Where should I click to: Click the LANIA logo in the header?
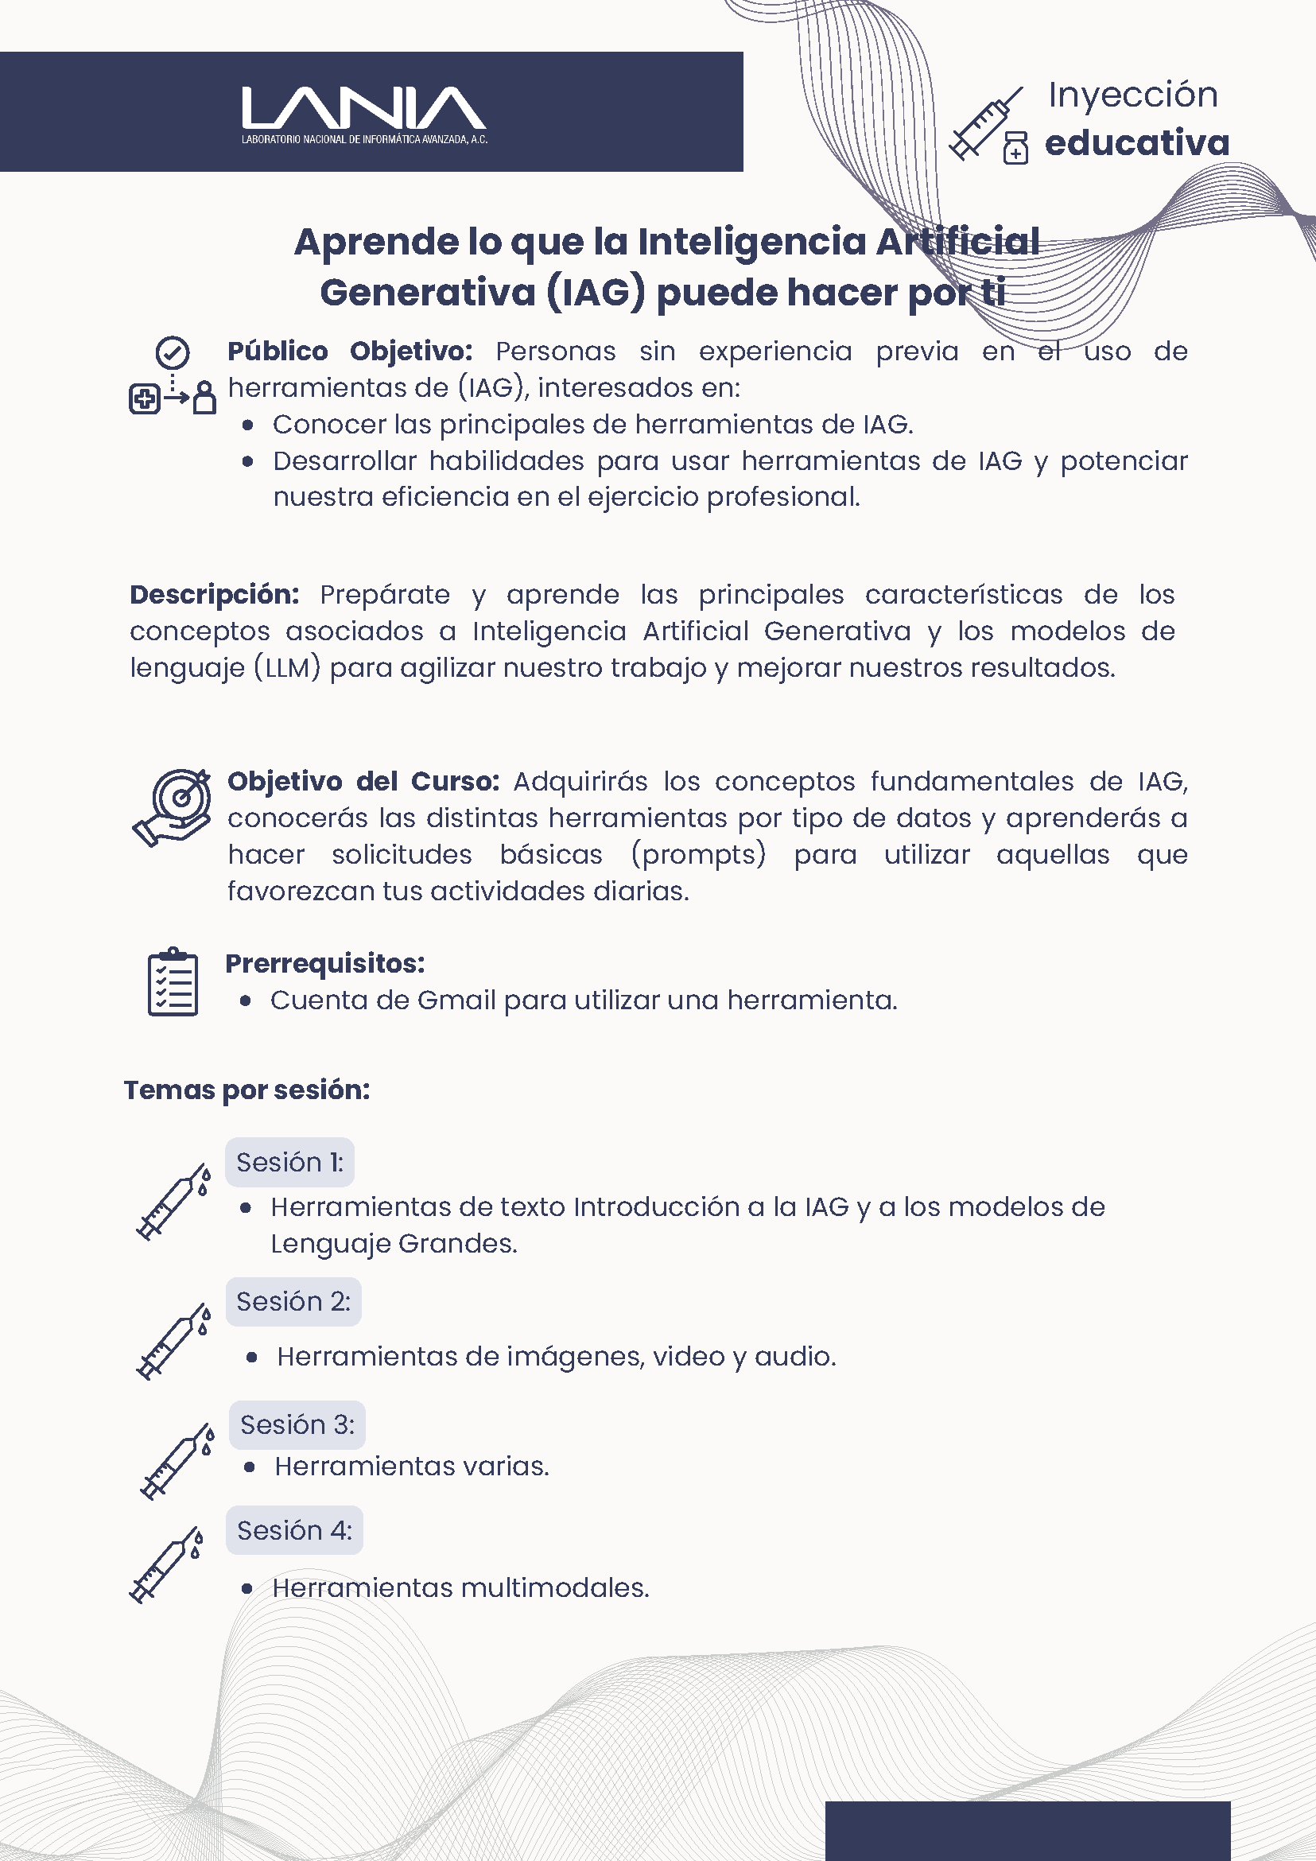(x=364, y=115)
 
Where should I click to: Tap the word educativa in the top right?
(x=1136, y=142)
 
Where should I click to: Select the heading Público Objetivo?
(x=349, y=352)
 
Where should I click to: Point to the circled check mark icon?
(x=172, y=353)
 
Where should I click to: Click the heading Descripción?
(x=214, y=595)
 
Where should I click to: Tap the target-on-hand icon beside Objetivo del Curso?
(x=173, y=806)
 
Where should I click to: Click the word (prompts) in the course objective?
(x=697, y=854)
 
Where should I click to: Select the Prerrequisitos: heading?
(x=325, y=963)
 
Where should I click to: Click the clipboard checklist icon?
(x=173, y=981)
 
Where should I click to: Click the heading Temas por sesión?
(x=247, y=1090)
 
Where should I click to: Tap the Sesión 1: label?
(x=289, y=1162)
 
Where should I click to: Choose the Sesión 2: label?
(x=293, y=1302)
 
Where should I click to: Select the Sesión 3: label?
(x=297, y=1425)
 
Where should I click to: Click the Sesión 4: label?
(x=294, y=1530)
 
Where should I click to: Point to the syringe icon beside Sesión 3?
(x=177, y=1461)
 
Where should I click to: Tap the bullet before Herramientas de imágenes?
(x=252, y=1358)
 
